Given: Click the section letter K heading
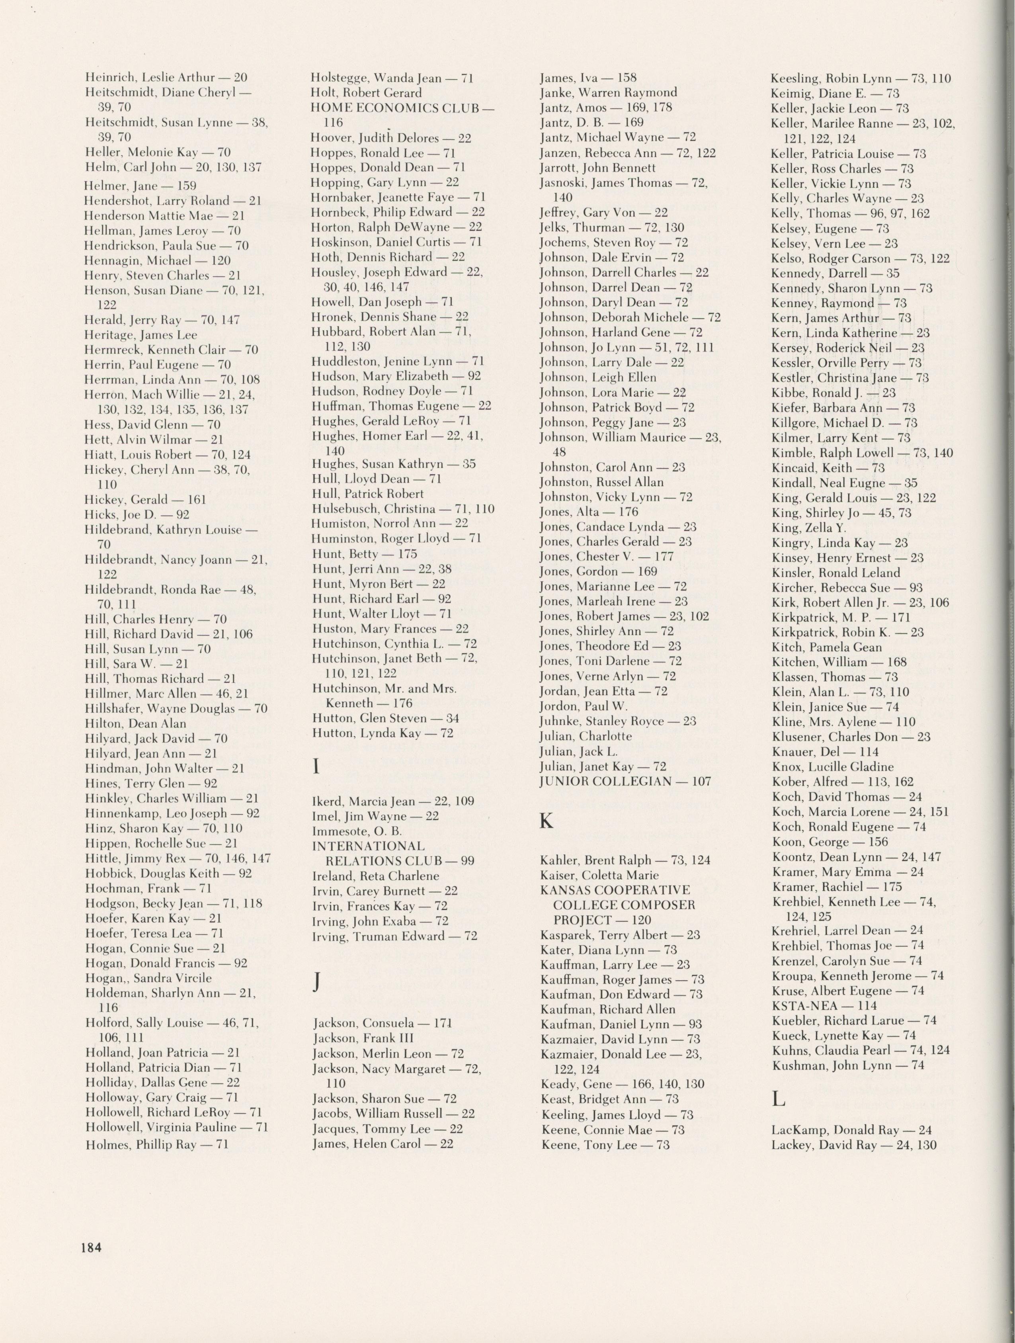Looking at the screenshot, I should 547,821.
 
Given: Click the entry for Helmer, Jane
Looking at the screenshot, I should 140,186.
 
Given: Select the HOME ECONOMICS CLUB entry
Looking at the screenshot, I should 402,108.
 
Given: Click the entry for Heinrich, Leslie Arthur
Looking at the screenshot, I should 166,78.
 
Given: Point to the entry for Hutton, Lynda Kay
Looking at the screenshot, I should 383,733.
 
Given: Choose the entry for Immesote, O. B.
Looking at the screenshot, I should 357,831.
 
